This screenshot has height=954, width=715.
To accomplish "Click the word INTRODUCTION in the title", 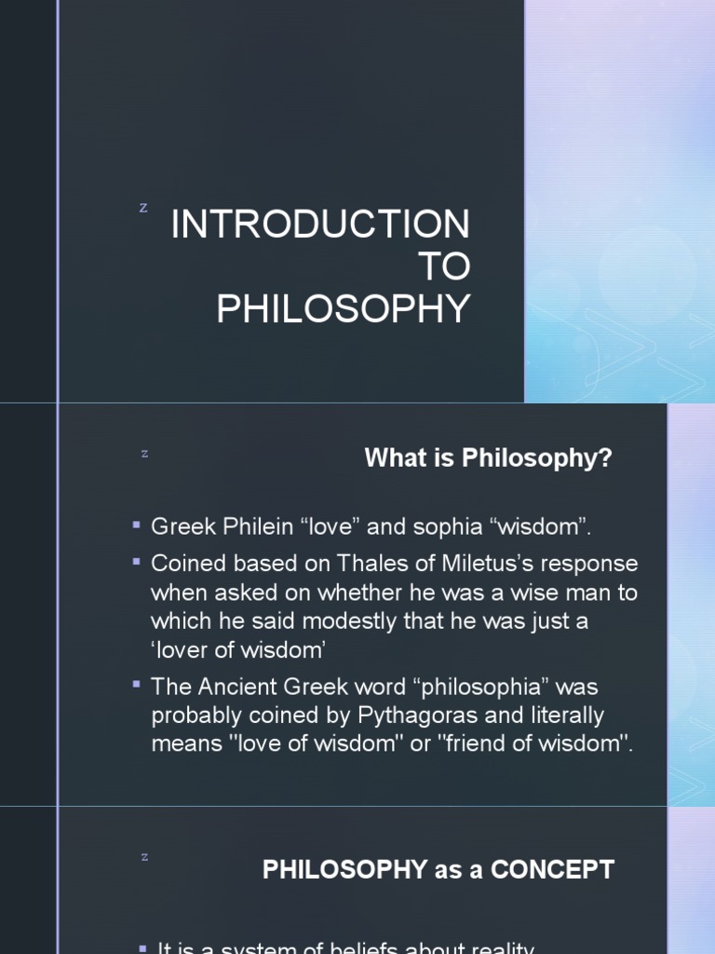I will click(x=320, y=225).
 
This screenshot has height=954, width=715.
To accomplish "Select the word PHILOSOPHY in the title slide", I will click(x=344, y=310).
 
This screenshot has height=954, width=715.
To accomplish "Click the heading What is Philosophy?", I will click(x=489, y=458).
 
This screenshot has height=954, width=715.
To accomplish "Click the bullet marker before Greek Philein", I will click(x=137, y=526).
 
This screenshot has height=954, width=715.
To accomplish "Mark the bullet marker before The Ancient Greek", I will click(x=137, y=685).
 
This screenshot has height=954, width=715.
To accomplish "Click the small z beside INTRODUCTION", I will click(x=143, y=208).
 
